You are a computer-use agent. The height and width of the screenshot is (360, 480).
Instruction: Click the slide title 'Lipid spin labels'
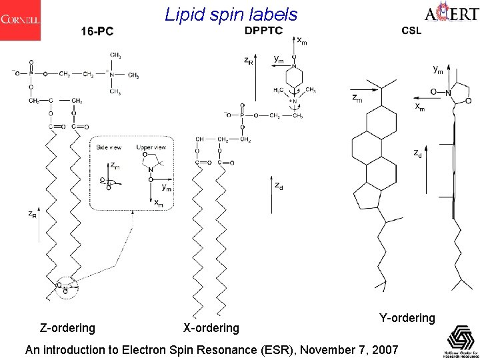pos(231,14)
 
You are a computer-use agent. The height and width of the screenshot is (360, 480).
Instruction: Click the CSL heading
pos(411,31)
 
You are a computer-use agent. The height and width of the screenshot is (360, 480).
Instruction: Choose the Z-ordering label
pos(67,327)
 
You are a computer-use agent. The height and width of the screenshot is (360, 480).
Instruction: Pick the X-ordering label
pos(211,327)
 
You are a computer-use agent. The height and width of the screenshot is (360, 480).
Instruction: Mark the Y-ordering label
pos(407,318)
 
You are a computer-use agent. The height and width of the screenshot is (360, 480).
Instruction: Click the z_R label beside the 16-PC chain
pos(32,215)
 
